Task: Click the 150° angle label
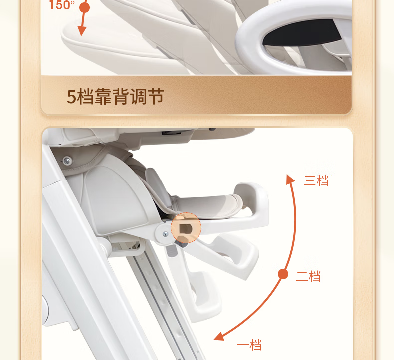click(x=61, y=5)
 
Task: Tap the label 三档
click(x=316, y=180)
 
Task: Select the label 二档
click(x=308, y=276)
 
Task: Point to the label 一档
click(x=249, y=345)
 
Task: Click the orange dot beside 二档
click(x=283, y=274)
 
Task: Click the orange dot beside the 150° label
click(x=85, y=8)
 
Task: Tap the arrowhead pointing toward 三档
click(x=290, y=180)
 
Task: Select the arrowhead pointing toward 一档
click(x=219, y=337)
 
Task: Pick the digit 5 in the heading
click(x=71, y=96)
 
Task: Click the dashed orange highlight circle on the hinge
click(x=186, y=227)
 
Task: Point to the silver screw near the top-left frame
click(x=67, y=160)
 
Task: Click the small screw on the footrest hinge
click(x=165, y=234)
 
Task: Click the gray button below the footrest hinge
click(x=172, y=251)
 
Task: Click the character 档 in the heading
click(x=85, y=96)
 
